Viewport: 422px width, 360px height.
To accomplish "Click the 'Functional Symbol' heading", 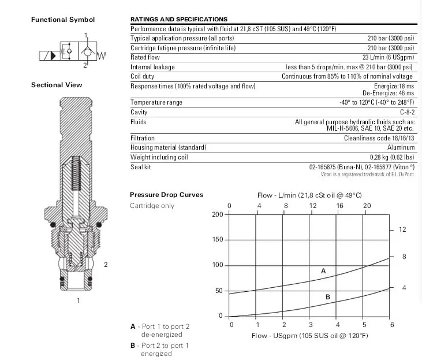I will coord(62,20).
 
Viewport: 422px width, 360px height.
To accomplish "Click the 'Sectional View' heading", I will coord(57,85).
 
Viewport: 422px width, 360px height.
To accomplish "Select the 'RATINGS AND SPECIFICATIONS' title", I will coord(179,20).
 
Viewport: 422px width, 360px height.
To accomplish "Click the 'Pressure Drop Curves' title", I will coord(166,195).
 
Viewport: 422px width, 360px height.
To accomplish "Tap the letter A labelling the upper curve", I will coord(323,270).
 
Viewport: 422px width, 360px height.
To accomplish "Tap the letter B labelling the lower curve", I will coord(327,297).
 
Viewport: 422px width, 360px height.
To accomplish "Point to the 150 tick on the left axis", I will coord(218,240).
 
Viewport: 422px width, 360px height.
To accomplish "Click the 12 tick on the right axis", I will coord(402,229).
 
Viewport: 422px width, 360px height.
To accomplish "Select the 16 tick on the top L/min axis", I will coord(340,206).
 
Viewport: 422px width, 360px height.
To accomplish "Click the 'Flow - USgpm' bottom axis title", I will coord(309,336).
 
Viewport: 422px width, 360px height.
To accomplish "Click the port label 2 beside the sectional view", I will coord(106,265).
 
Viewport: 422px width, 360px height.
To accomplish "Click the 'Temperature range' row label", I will coord(156,102).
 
